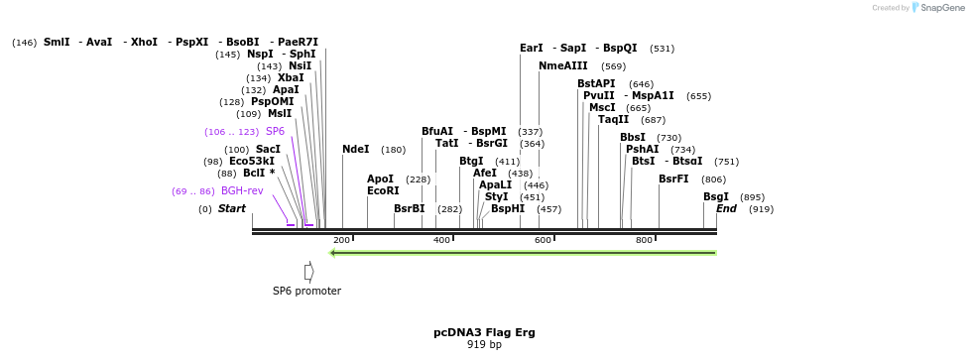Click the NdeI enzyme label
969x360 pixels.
[355, 150]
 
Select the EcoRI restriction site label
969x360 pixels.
[383, 190]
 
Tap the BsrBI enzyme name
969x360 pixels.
[409, 209]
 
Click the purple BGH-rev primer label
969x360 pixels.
[242, 190]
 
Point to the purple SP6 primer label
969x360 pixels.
[275, 131]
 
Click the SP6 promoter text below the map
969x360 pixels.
[306, 292]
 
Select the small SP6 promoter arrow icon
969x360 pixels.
[309, 272]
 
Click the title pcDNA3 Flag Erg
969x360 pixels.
[484, 332]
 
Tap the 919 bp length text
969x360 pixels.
[484, 345]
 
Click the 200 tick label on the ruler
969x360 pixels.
[341, 240]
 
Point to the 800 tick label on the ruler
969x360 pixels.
[644, 240]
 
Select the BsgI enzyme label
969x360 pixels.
[716, 196]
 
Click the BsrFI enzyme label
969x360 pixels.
[673, 180]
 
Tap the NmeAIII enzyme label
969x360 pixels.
[563, 65]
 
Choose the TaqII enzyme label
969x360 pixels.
[613, 120]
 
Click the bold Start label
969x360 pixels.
[231, 209]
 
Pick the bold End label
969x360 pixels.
[726, 209]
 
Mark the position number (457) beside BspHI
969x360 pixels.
[548, 209]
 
